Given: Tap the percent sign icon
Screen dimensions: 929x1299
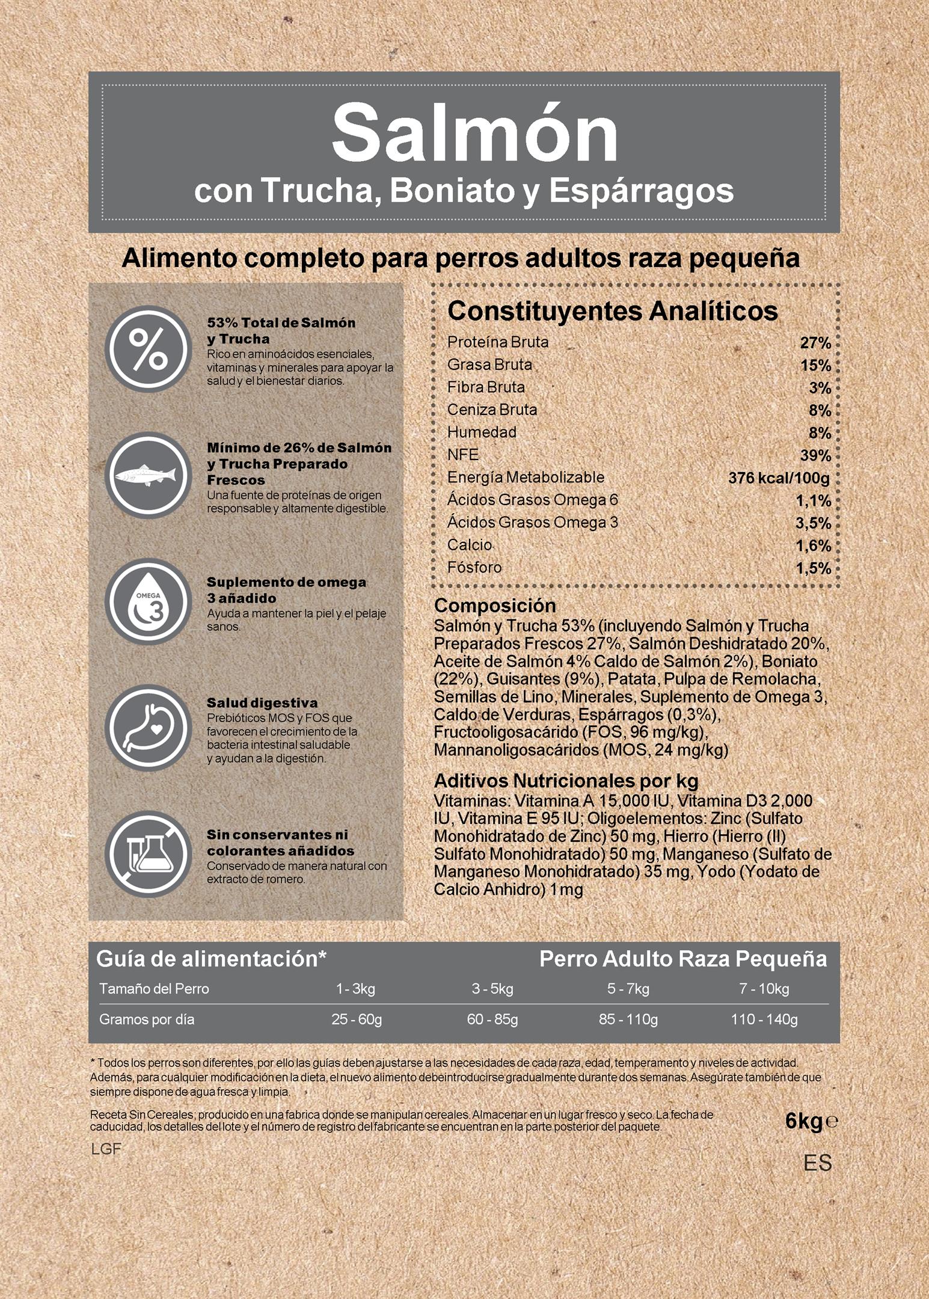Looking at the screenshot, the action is coord(148,349).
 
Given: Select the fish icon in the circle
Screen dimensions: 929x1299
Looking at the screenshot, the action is coord(148,475).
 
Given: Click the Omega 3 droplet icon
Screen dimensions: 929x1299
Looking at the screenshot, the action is coord(148,601).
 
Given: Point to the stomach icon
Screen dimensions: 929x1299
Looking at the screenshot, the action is coord(148,728).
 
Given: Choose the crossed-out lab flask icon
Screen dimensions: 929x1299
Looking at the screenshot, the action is coord(148,854).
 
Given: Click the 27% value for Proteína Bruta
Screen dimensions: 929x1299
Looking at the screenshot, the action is coord(815,343).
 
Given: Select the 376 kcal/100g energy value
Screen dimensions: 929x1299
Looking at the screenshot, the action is coord(779,478).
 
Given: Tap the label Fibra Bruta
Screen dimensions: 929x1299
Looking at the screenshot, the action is coord(486,387).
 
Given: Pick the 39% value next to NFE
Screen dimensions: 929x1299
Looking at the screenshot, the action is coord(815,456).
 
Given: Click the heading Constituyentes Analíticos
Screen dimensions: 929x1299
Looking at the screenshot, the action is coord(612,311).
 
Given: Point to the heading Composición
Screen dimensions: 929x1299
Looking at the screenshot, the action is coord(495,605).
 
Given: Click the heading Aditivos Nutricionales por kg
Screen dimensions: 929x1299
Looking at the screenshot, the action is coord(566,781).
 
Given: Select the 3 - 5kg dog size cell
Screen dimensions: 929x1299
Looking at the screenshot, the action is coord(492,989).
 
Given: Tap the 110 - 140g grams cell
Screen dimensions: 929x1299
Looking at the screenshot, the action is coord(764,1020).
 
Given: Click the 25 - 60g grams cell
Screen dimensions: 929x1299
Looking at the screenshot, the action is coord(357,1020).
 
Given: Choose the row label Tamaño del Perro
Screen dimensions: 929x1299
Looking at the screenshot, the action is coord(154,989).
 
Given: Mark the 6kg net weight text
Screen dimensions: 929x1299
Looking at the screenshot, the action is coord(804,1122).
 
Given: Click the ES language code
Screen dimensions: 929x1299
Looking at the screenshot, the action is coord(818,1163).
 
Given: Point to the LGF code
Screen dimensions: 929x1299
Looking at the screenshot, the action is coord(106,1149).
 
